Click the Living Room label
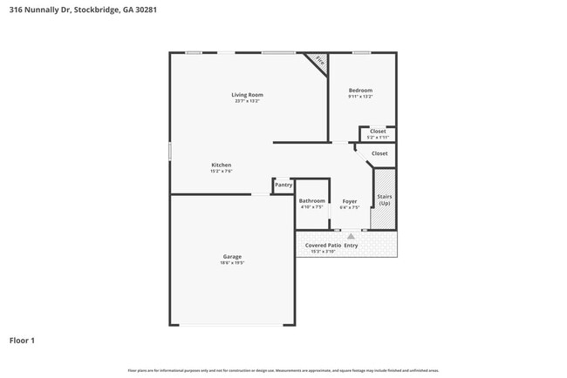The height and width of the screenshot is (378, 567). coord(247,95)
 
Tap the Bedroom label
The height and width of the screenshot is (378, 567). coord(360,91)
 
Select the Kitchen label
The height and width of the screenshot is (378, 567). coord(221,165)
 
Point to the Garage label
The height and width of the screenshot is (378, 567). coord(232,257)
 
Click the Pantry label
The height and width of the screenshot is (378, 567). coord(283,185)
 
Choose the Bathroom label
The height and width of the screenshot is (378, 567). coord(311,201)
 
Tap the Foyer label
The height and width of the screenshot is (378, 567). coord(349,201)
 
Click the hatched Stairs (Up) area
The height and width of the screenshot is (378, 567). coord(384,199)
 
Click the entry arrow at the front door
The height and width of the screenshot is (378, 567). coord(351,236)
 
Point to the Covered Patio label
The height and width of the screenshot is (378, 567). coord(322,246)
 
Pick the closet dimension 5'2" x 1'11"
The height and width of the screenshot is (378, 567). coord(378,138)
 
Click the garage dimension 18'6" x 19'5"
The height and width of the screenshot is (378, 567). coord(232,263)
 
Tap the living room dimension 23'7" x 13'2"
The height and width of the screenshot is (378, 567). coord(247,101)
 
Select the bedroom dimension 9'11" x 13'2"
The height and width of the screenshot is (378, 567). coord(360,97)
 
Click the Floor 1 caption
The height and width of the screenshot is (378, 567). coord(22,341)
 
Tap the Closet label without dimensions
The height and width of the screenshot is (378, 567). coord(379,153)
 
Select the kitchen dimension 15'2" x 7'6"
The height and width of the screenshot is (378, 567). coord(221,171)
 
